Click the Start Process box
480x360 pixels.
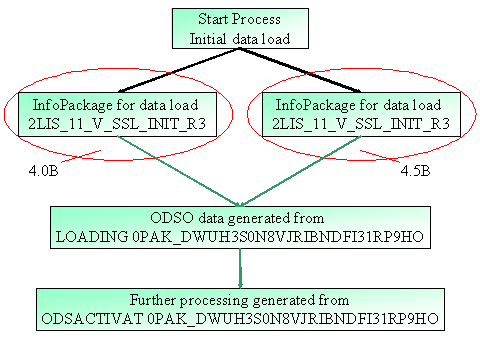click(239, 28)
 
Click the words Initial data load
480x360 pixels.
click(239, 38)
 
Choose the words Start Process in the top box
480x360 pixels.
click(239, 19)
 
